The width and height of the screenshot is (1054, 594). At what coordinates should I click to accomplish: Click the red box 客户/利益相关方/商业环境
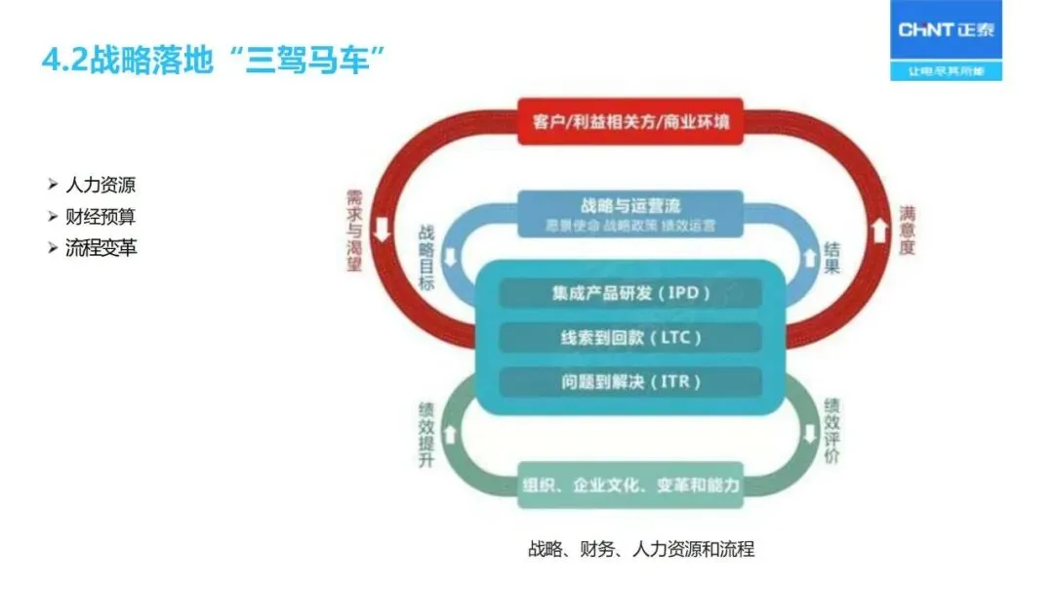pyautogui.click(x=629, y=121)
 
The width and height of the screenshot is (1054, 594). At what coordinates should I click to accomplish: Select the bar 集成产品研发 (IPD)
pyautogui.click(x=629, y=293)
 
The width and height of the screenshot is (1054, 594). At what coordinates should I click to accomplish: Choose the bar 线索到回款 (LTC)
pyautogui.click(x=629, y=338)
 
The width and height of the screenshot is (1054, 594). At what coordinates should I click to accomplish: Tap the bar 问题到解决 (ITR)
pyautogui.click(x=629, y=382)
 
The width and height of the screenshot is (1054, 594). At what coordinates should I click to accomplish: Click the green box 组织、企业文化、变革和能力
pyautogui.click(x=629, y=485)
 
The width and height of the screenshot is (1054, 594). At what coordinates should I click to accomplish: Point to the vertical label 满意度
pyautogui.click(x=907, y=231)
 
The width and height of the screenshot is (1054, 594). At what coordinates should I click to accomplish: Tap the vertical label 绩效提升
pyautogui.click(x=426, y=434)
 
